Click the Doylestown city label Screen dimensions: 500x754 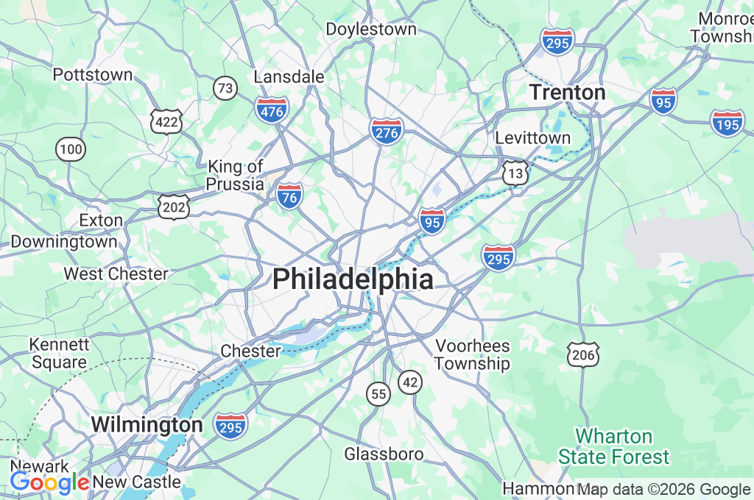pyautogui.click(x=371, y=29)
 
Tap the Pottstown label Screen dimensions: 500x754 pyautogui.click(x=93, y=75)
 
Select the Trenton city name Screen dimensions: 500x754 pyautogui.click(x=568, y=93)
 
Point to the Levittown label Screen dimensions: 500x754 pyautogui.click(x=532, y=138)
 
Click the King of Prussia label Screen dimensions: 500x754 pyautogui.click(x=236, y=175)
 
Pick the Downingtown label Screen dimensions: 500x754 pyautogui.click(x=64, y=241)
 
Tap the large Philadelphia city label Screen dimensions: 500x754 pyautogui.click(x=353, y=279)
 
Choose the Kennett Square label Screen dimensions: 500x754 pyautogui.click(x=59, y=353)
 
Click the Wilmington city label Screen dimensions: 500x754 pyautogui.click(x=147, y=424)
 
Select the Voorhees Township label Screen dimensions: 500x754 pyautogui.click(x=472, y=354)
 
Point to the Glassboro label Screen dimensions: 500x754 pyautogui.click(x=384, y=454)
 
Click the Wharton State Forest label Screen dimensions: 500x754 pyautogui.click(x=613, y=446)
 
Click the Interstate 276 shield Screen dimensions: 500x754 pyautogui.click(x=387, y=131)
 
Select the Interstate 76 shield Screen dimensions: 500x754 pyautogui.click(x=290, y=196)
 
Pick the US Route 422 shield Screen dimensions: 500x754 pyautogui.click(x=166, y=121)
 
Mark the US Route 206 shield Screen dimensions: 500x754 pyautogui.click(x=583, y=354)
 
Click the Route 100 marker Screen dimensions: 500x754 pyautogui.click(x=71, y=150)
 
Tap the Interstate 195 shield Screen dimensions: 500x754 pyautogui.click(x=727, y=123)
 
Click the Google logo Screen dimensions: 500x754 pyautogui.click(x=49, y=482)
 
